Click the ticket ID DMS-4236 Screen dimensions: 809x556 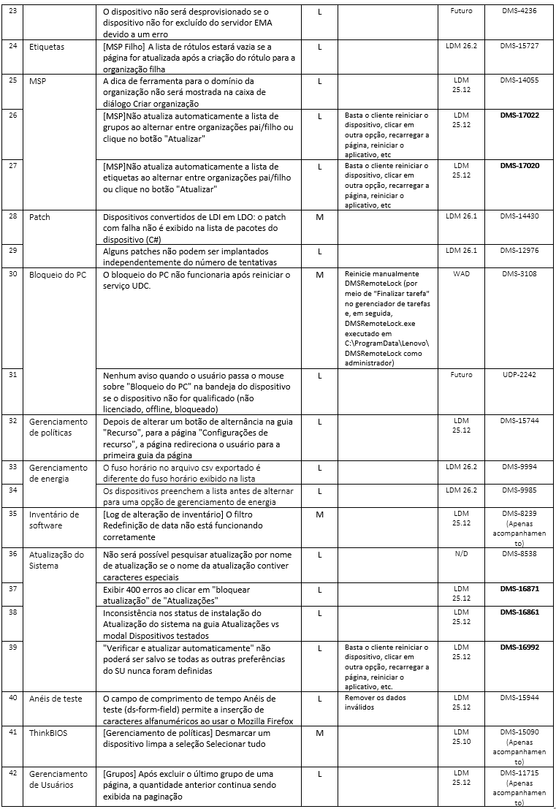coord(519,11)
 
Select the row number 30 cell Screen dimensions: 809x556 coord(12,275)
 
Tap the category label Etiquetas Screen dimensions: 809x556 coord(47,46)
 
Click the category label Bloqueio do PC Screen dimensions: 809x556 coord(58,275)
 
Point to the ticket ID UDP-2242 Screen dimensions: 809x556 coord(519,374)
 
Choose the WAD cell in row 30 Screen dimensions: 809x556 coord(461,275)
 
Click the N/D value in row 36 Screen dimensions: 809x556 coord(461,554)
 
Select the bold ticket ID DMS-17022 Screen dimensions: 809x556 coord(519,115)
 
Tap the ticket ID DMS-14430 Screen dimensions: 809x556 coord(519,216)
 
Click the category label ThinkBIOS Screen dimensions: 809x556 coord(48,732)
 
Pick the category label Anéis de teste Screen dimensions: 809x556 coord(56,699)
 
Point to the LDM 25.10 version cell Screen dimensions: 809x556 coord(461,737)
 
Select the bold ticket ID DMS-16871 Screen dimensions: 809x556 coord(519,588)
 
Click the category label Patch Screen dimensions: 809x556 coord(40,216)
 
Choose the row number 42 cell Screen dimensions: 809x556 coord(12,772)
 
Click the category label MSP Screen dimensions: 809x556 coord(38,80)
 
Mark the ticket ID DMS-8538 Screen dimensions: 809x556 coord(519,554)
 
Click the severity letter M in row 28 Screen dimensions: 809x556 coord(319,216)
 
